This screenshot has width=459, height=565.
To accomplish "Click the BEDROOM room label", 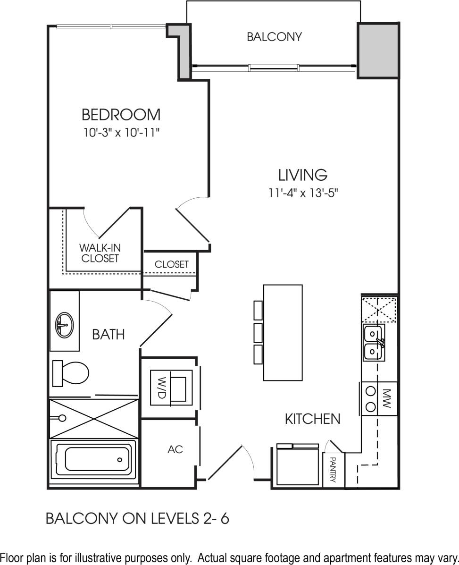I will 121,115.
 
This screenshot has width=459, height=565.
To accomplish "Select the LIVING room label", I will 302,175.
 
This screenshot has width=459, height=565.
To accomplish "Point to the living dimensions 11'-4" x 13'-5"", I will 302,193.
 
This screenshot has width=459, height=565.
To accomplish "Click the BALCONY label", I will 274,37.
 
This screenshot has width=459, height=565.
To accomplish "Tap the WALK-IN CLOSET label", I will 99,253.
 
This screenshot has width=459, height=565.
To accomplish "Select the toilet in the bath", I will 71,373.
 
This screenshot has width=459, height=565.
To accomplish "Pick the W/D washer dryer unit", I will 170,387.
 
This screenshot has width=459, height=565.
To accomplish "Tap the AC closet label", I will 175,450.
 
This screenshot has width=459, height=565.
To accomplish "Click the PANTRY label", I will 333,470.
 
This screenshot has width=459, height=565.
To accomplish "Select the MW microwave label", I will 387,398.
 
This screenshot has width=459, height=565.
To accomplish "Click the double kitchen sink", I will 374,343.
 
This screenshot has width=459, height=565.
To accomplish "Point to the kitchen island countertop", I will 283,332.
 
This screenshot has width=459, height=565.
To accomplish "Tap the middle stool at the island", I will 258,332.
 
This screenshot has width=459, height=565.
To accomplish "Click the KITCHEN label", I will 312,419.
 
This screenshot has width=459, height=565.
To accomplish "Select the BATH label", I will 108,335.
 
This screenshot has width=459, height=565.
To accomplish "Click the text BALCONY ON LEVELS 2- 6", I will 137,519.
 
